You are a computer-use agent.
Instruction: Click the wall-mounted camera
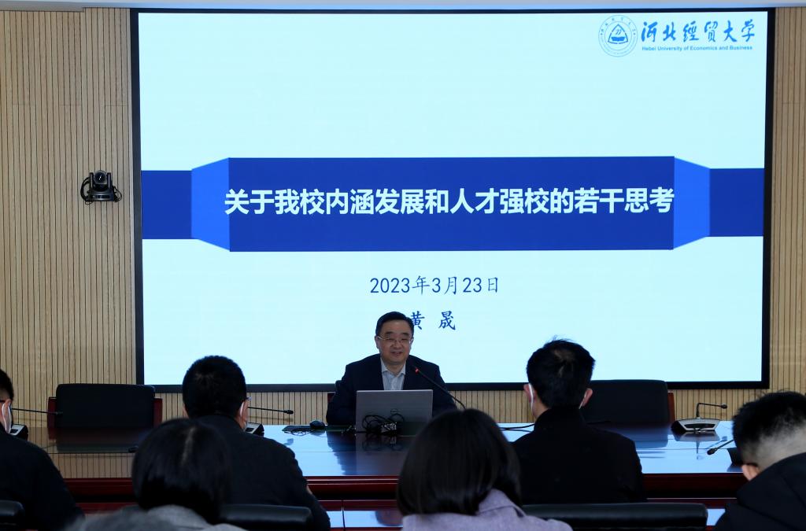tap(100, 186)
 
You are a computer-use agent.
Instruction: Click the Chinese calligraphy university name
tap(697, 31)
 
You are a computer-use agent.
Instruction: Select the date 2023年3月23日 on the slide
tap(434, 285)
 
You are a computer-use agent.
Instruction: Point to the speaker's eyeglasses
tap(394, 340)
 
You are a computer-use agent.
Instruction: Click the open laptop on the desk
tap(394, 409)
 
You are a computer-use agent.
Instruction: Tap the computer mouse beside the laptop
tap(317, 425)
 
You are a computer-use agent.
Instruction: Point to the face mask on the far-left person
tap(6, 416)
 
